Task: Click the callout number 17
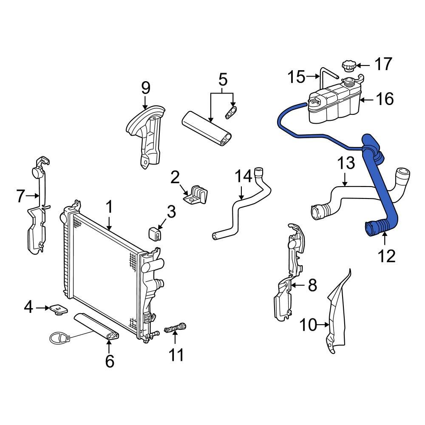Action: pyautogui.click(x=383, y=65)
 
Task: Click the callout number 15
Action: pyautogui.click(x=296, y=77)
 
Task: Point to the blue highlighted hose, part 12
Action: pyautogui.click(x=385, y=191)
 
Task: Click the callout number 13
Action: pyautogui.click(x=346, y=164)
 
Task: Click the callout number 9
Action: pyautogui.click(x=145, y=88)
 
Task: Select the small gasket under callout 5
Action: pyautogui.click(x=231, y=113)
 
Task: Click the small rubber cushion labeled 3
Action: pyautogui.click(x=156, y=233)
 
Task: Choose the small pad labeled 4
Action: pyautogui.click(x=58, y=309)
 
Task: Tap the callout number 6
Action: pyautogui.click(x=110, y=361)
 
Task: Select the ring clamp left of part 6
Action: pyautogui.click(x=58, y=338)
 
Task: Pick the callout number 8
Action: pyautogui.click(x=312, y=285)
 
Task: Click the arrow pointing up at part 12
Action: pyautogui.click(x=385, y=239)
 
